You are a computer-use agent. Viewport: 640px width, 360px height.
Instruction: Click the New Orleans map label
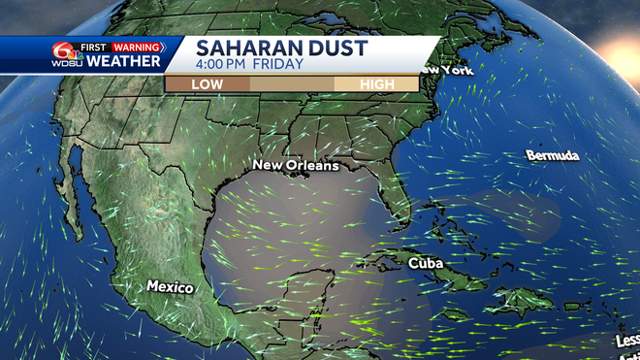pos(296,165)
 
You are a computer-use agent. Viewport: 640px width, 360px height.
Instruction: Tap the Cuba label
pos(426,263)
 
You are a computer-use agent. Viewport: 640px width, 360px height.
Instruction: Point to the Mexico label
pos(170,287)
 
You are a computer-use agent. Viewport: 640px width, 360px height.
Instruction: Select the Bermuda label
pos(553,155)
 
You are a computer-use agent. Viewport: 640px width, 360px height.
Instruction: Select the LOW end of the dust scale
pos(207,84)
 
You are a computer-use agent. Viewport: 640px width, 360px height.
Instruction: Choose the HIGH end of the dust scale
pos(376,84)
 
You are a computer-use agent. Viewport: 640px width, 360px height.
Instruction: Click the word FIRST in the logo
pos(95,47)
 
